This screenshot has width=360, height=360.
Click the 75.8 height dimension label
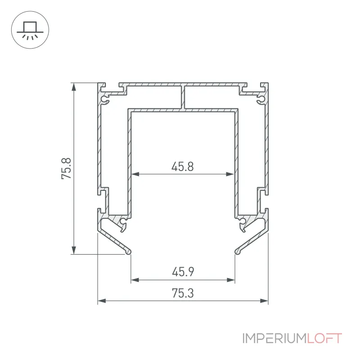(66, 168)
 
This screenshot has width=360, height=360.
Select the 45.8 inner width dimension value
(183, 166)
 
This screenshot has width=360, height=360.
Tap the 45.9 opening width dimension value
(183, 272)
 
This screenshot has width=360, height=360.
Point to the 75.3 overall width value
(183, 293)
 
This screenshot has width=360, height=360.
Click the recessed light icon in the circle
(30, 30)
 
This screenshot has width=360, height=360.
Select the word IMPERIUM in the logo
(274, 338)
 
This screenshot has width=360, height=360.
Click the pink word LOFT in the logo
(324, 338)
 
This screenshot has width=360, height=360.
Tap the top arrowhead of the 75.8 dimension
(74, 87)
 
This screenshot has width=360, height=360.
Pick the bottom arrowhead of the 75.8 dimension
(74, 250)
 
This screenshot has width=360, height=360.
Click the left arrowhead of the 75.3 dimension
(102, 301)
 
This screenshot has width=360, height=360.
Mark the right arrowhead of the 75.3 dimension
(264, 301)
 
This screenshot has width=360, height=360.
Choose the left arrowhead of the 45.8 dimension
(135, 174)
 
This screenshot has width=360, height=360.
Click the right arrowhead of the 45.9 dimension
(230, 280)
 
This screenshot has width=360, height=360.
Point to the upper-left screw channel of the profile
(105, 100)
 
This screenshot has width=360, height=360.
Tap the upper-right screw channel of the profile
(261, 100)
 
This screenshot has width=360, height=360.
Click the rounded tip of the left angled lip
(128, 252)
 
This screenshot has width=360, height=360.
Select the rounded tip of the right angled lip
(238, 252)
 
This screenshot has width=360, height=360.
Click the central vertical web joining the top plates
(183, 97)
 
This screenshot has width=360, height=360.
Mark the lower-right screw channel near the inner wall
(242, 221)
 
